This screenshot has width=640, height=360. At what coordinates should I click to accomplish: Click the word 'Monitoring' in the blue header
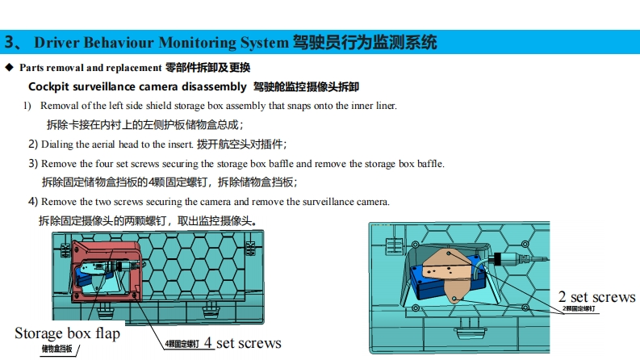[x=197, y=43]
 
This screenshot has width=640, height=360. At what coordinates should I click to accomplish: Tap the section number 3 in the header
[x=10, y=42]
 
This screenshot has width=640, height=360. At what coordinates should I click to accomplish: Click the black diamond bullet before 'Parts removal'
[x=9, y=67]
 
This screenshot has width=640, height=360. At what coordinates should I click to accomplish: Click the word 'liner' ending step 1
[x=385, y=105]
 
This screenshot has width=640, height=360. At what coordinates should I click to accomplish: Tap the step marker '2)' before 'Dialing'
[x=33, y=144]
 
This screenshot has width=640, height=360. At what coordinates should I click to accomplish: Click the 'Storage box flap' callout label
[x=67, y=333]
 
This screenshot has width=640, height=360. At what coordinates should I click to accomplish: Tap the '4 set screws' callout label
[x=242, y=343]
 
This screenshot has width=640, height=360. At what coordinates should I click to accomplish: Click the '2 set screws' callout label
[x=596, y=297]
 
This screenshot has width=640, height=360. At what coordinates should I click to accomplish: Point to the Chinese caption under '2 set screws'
[x=579, y=309]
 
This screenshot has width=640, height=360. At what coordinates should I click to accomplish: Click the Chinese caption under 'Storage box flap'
[x=56, y=349]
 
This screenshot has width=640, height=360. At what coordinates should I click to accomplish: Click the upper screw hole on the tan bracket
[x=449, y=253]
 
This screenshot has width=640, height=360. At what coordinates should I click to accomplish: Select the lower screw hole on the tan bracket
[x=454, y=299]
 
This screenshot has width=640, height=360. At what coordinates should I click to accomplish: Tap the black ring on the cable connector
[x=497, y=258]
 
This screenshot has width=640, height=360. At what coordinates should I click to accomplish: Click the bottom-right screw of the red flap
[x=135, y=295]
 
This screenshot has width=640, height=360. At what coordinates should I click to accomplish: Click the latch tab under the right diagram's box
[x=470, y=329]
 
